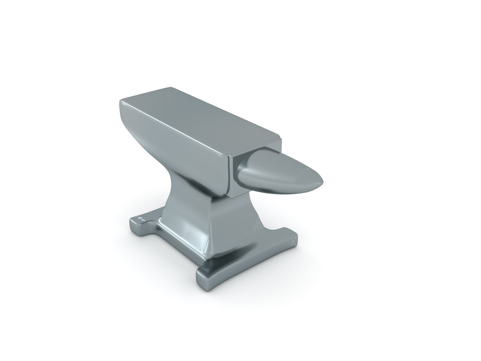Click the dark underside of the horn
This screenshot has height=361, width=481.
coord(273,189)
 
